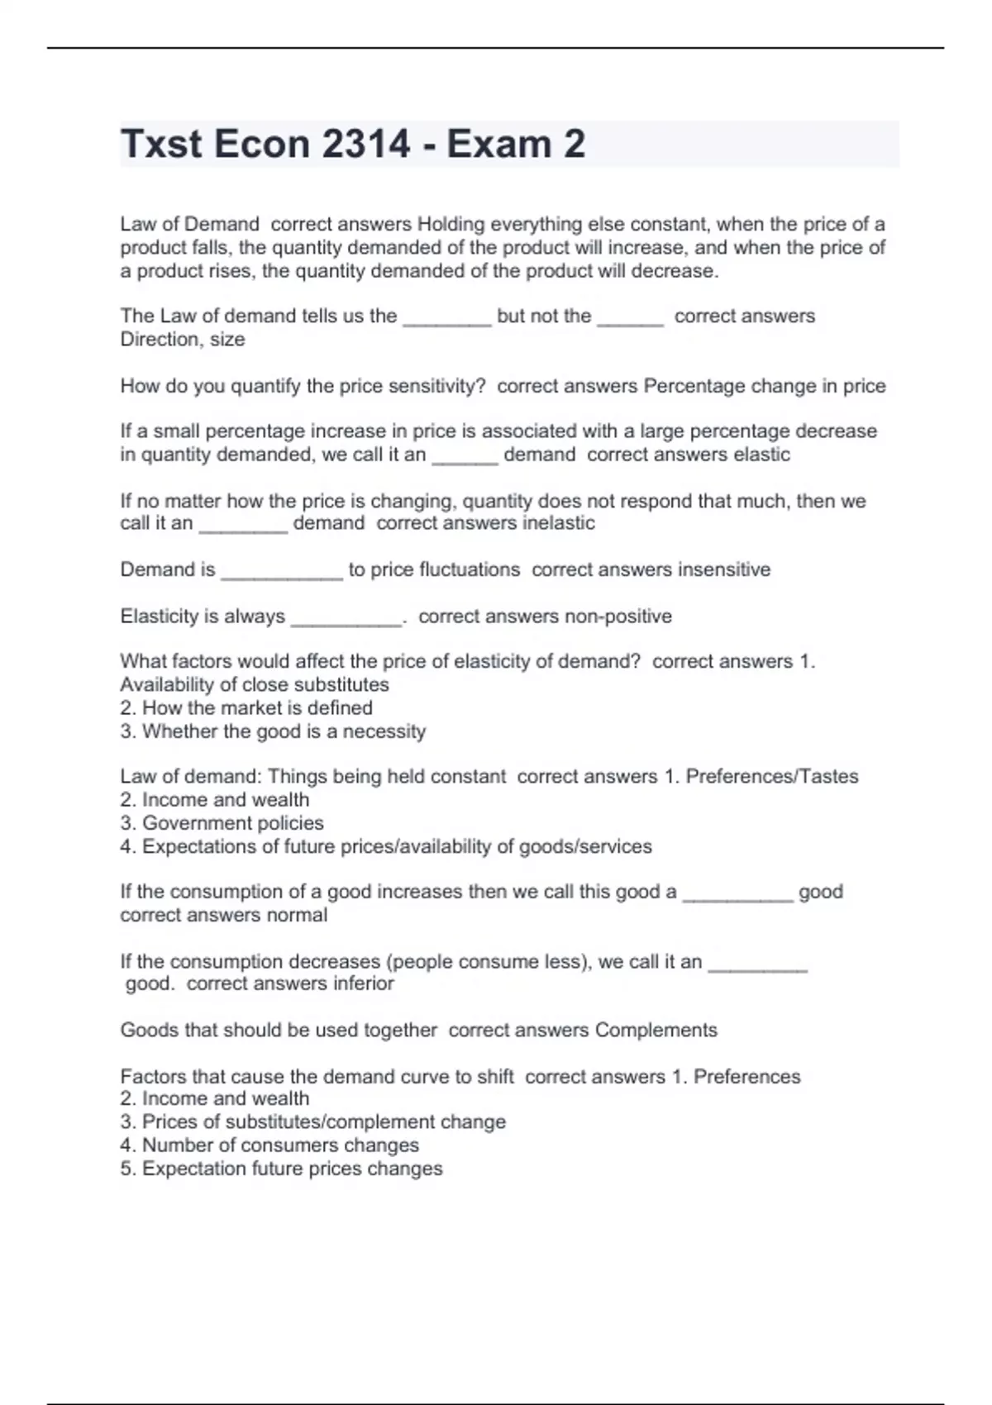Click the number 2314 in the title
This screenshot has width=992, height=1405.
tap(365, 145)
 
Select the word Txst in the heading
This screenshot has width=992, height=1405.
tap(161, 145)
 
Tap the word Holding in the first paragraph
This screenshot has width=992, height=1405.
tap(451, 224)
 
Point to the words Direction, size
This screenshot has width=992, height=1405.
tap(183, 339)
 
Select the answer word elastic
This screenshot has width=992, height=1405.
tap(758, 455)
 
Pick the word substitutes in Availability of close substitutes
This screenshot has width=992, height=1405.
tap(338, 685)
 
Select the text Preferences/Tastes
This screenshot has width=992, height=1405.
tap(772, 777)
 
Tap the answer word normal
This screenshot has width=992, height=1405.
tap(297, 915)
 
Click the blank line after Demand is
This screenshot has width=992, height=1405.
tap(282, 576)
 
